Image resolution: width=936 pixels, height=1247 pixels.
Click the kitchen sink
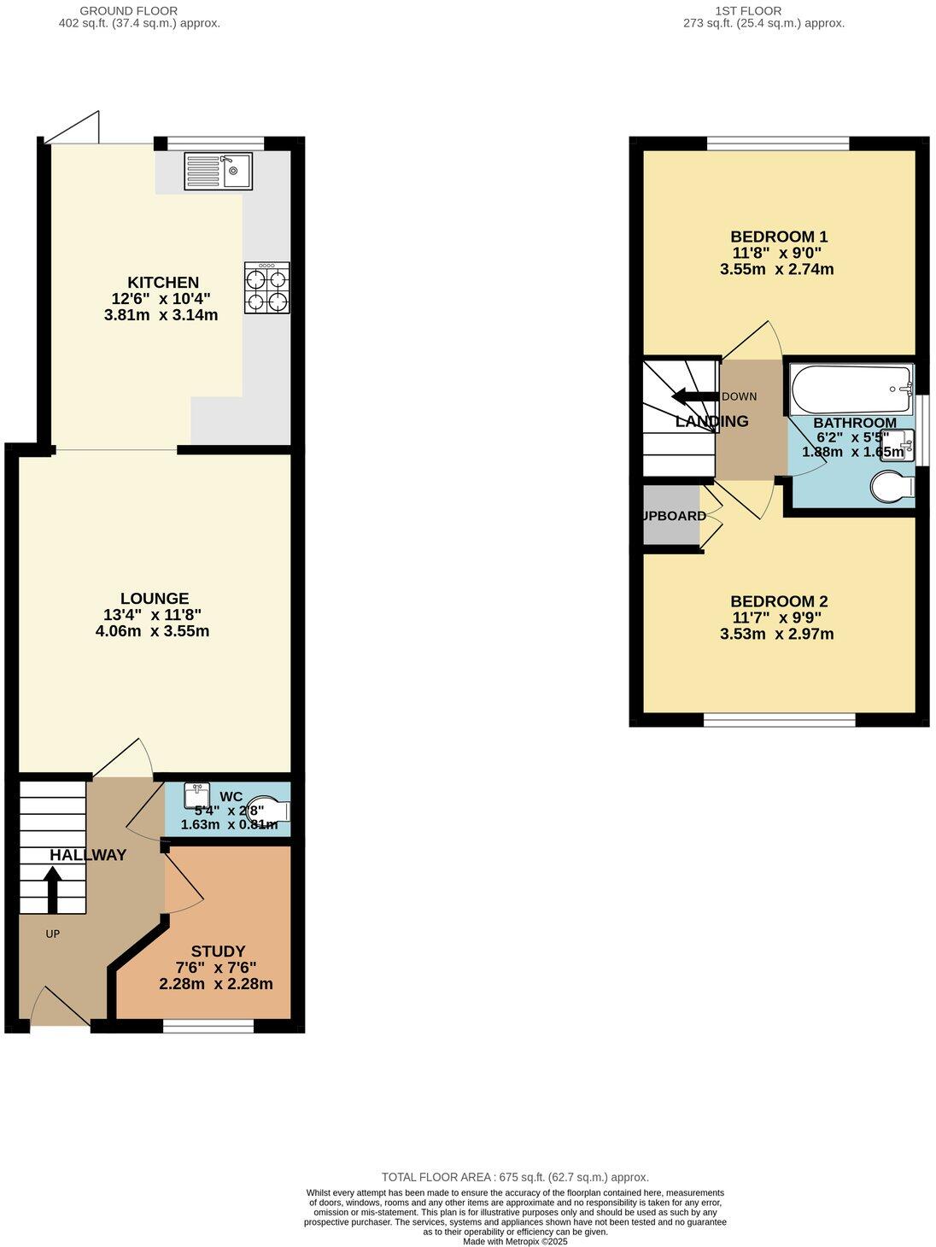click(218, 170)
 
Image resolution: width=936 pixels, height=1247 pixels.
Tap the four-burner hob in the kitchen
click(266, 288)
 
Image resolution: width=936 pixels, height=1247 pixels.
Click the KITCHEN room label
click(163, 283)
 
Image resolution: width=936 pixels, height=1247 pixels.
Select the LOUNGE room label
click(155, 599)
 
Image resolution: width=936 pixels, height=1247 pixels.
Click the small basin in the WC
click(196, 794)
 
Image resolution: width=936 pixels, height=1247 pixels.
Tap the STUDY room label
click(218, 951)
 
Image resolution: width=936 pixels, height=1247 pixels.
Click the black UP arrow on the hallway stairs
click(52, 890)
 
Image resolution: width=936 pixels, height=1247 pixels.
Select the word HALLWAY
click(88, 855)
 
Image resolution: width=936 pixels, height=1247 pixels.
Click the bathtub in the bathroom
click(851, 390)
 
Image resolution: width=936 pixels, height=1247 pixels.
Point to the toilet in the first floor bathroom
click(892, 488)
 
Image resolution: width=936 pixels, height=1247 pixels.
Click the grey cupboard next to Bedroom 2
click(671, 515)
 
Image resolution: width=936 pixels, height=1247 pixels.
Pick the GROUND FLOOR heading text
click(129, 11)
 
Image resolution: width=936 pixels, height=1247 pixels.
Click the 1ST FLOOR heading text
click(748, 11)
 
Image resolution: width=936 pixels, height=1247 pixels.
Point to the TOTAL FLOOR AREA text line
click(515, 1177)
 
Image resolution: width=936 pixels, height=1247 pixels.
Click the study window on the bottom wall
click(208, 1026)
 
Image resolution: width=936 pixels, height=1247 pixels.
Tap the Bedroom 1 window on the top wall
click(777, 143)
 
